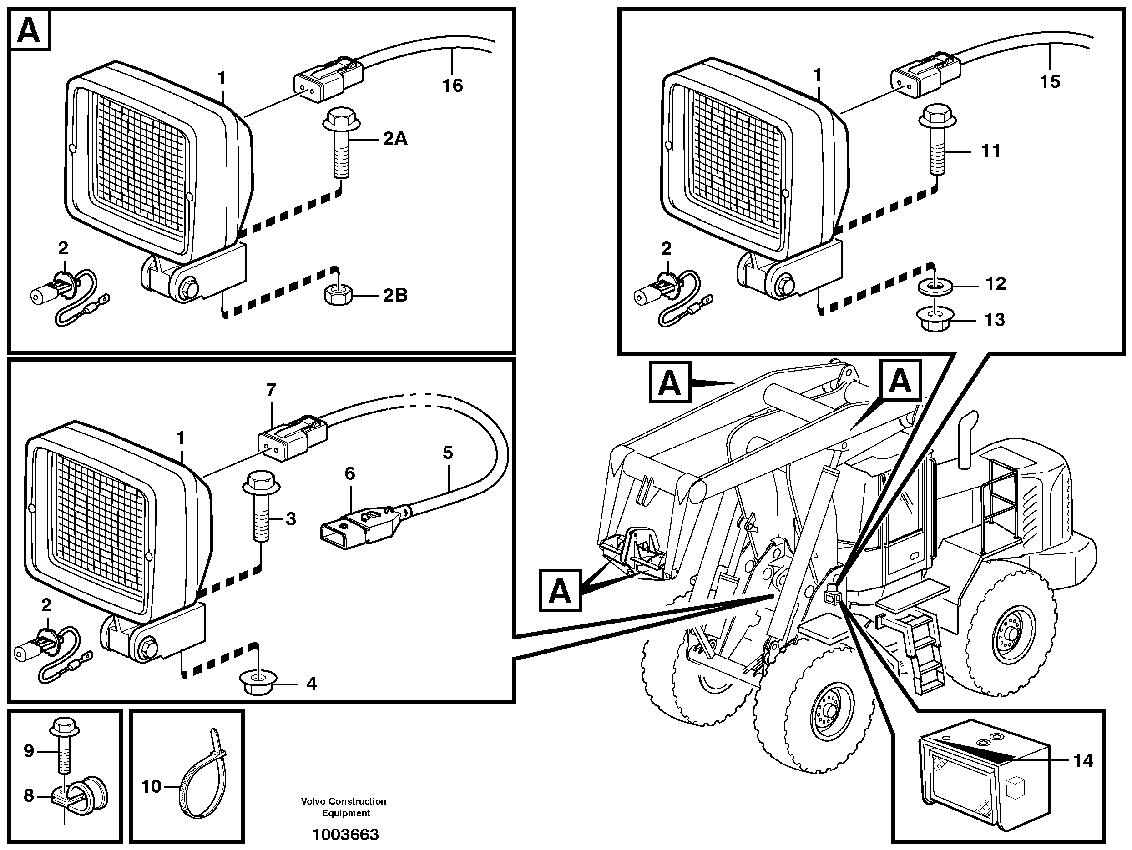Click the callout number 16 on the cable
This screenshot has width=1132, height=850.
pyautogui.click(x=452, y=86)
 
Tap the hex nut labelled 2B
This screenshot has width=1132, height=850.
pyautogui.click(x=337, y=295)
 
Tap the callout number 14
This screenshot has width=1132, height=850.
pyautogui.click(x=1082, y=761)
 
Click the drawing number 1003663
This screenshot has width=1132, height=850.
pyautogui.click(x=345, y=835)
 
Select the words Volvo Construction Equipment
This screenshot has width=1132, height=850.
pyautogui.click(x=344, y=807)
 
